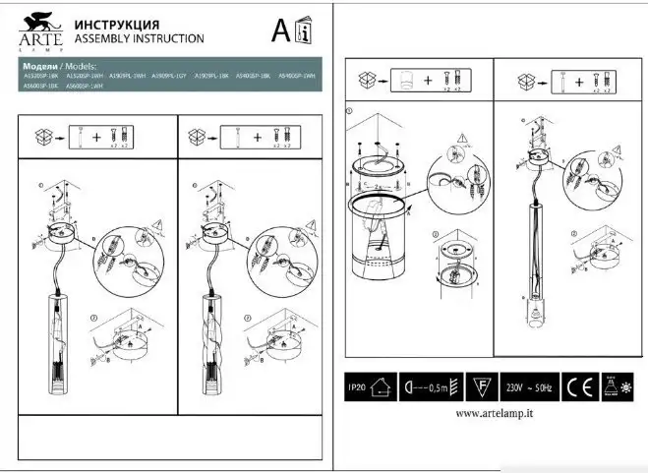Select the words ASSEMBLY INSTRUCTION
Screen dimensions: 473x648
point(139,38)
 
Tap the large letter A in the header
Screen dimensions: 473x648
point(280,30)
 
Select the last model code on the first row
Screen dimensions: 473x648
point(297,75)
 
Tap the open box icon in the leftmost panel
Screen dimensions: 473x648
point(42,136)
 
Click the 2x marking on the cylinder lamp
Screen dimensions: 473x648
point(380,184)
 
